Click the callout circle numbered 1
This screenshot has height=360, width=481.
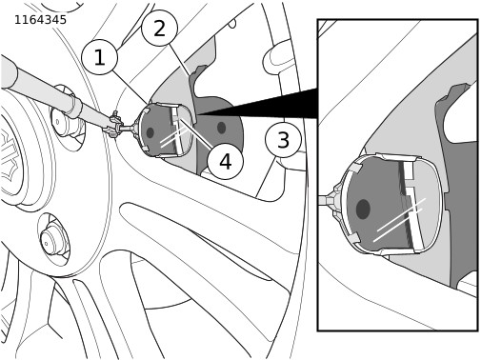(x=99, y=57)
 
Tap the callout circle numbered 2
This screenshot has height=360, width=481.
(x=159, y=29)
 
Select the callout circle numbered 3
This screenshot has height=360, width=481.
(x=283, y=140)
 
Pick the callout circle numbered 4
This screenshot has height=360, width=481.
(x=225, y=161)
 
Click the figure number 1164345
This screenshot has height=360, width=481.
(x=40, y=20)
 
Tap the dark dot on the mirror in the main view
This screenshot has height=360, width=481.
(x=150, y=132)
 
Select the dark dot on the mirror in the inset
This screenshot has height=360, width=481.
(x=363, y=210)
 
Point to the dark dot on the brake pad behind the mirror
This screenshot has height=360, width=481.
(x=222, y=128)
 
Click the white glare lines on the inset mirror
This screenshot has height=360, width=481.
(x=399, y=220)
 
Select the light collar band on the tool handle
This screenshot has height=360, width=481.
(x=74, y=107)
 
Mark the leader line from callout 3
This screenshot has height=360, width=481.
(x=266, y=176)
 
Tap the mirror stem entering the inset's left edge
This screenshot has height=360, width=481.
(x=327, y=200)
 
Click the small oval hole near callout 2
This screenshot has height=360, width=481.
(x=232, y=24)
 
